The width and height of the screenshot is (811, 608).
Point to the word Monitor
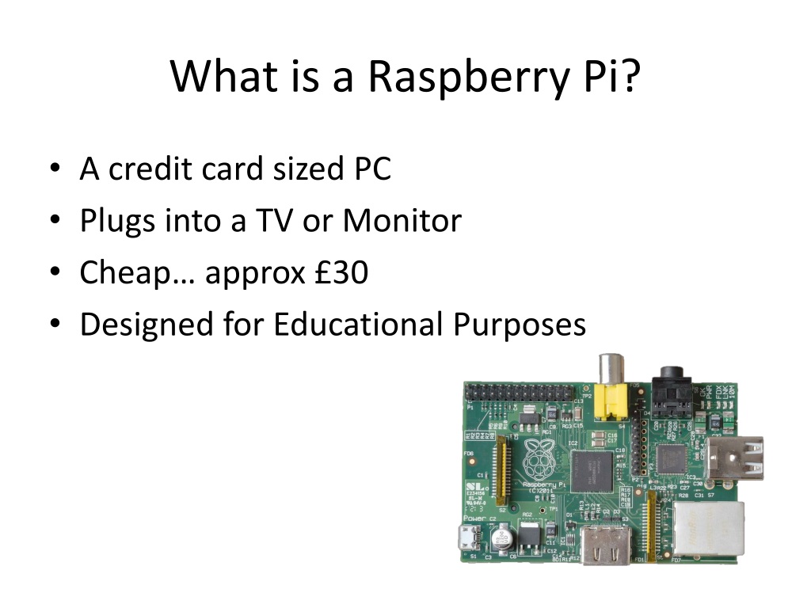(402, 221)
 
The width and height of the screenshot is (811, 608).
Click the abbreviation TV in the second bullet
(274, 221)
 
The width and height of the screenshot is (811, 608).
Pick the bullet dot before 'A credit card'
(54, 169)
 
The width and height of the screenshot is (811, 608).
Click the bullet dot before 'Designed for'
(54, 325)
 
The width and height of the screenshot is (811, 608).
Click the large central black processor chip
(592, 469)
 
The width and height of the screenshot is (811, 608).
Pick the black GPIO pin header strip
(523, 392)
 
